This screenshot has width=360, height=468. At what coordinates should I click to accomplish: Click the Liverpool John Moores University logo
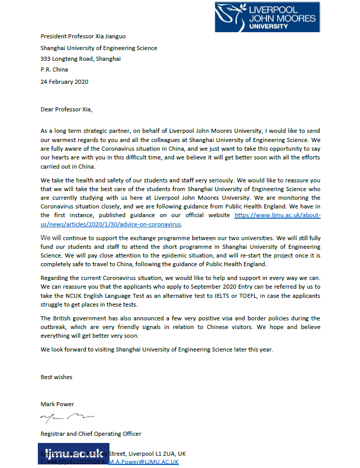coord(267,16)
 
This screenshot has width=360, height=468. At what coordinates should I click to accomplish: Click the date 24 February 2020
coord(64,81)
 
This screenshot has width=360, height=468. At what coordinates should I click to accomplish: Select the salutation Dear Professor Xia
coord(67,109)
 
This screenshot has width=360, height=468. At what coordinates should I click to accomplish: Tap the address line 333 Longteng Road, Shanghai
coord(81,59)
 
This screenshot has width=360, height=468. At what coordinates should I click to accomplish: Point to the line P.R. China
coord(54,70)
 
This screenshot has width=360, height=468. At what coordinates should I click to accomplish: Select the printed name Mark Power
coord(57,404)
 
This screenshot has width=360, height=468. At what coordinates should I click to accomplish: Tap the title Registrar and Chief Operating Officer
coord(91,434)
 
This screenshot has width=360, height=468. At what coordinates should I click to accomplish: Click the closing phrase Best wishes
coord(56,377)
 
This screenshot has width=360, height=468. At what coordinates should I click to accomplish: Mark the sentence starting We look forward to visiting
coord(156,349)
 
